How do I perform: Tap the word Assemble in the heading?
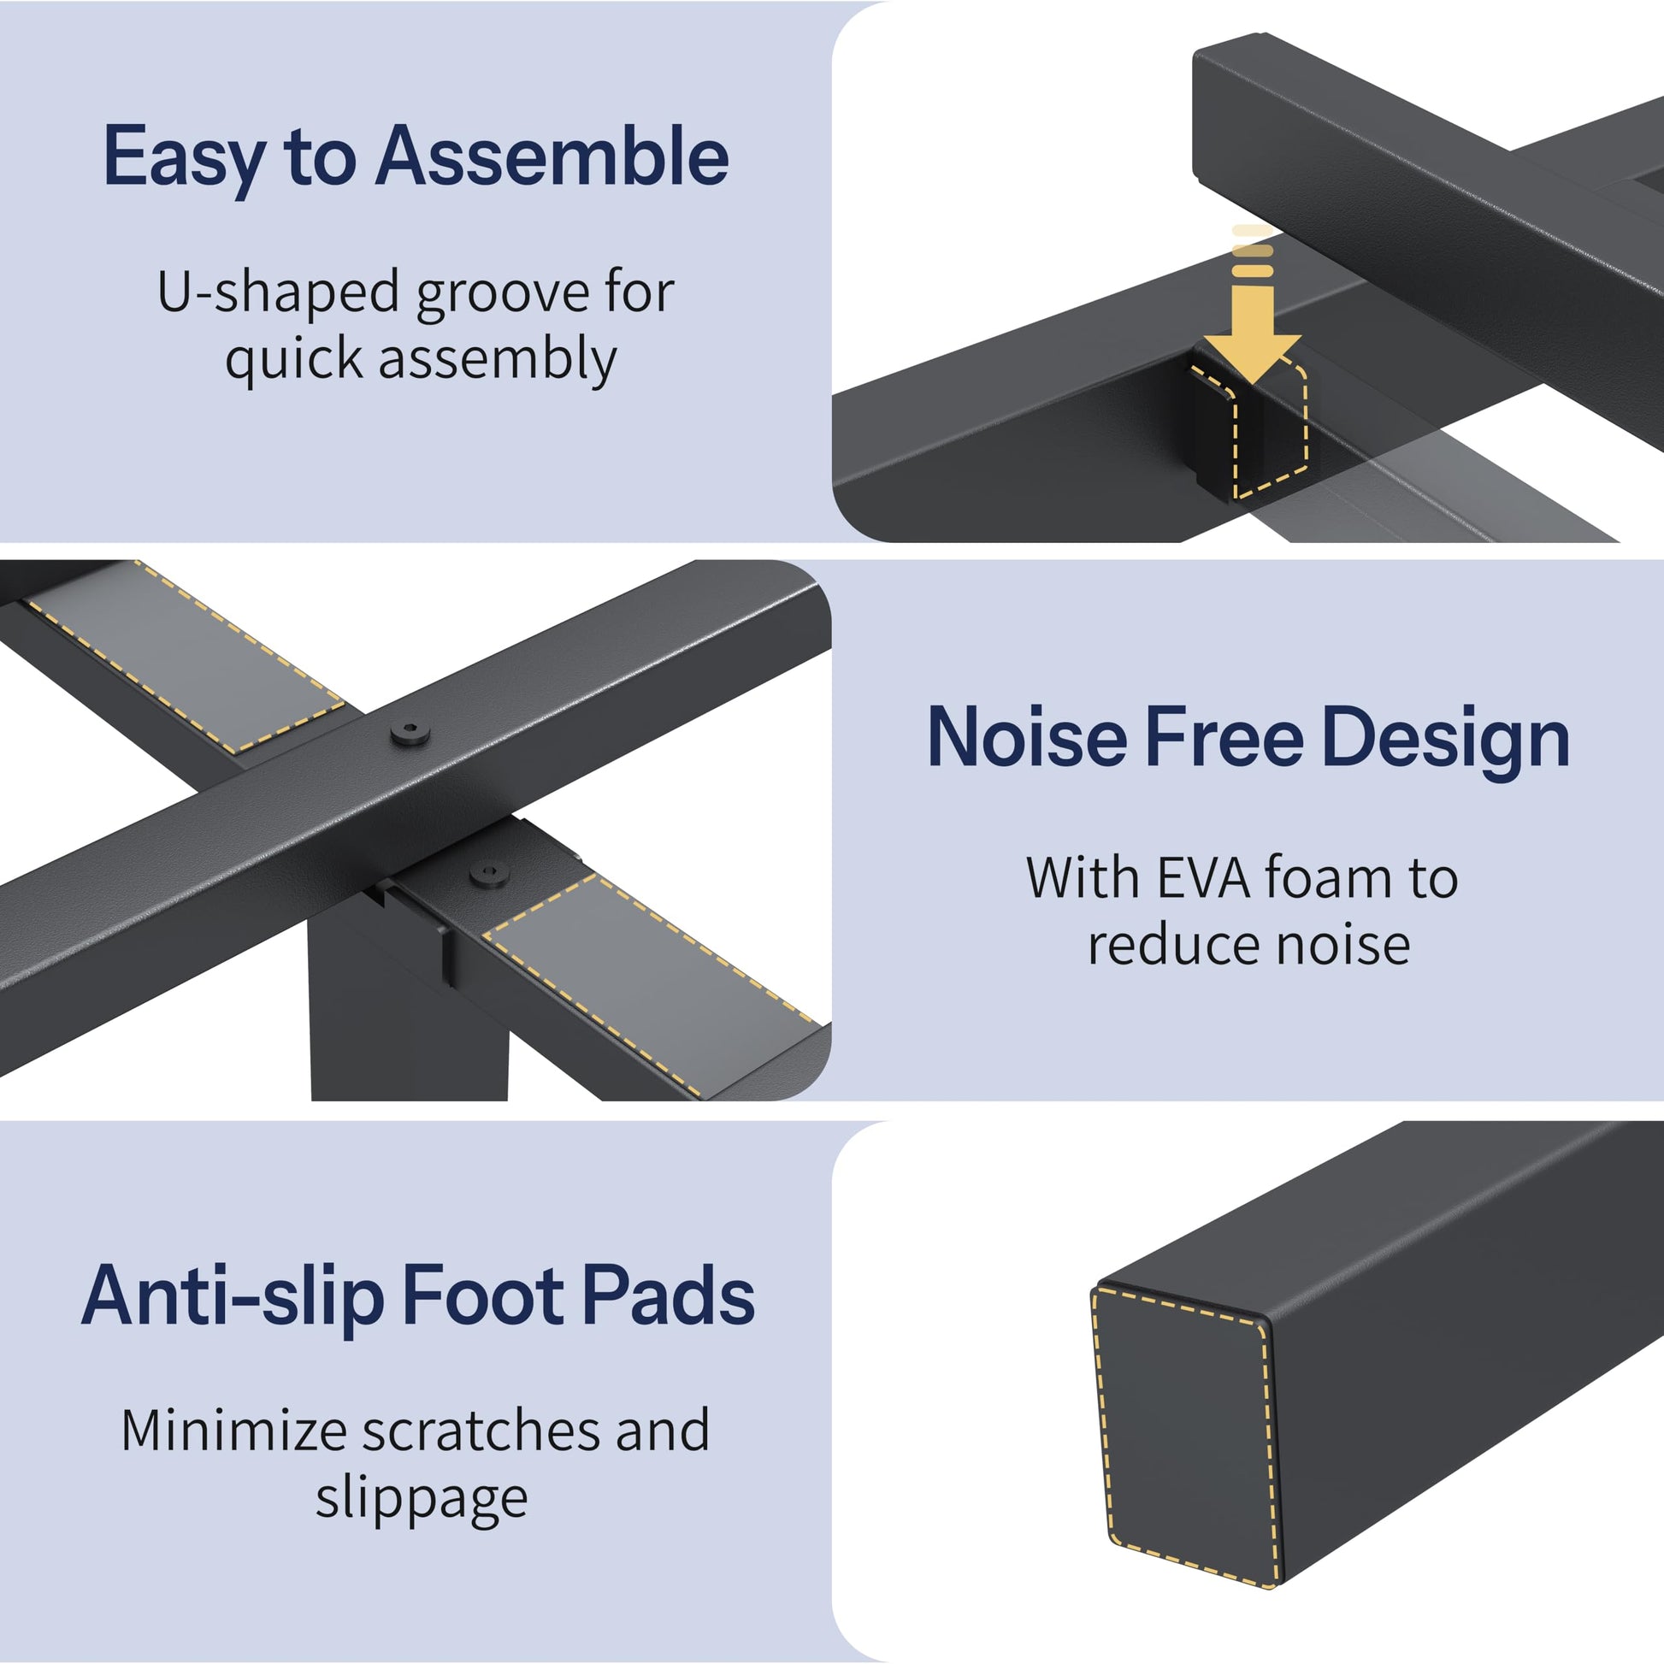click(x=552, y=156)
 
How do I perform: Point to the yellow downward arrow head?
click(x=1252, y=356)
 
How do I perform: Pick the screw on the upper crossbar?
click(x=410, y=733)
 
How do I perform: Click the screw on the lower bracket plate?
click(x=490, y=876)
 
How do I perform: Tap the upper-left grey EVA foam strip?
click(x=186, y=658)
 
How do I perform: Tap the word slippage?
click(x=422, y=1501)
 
